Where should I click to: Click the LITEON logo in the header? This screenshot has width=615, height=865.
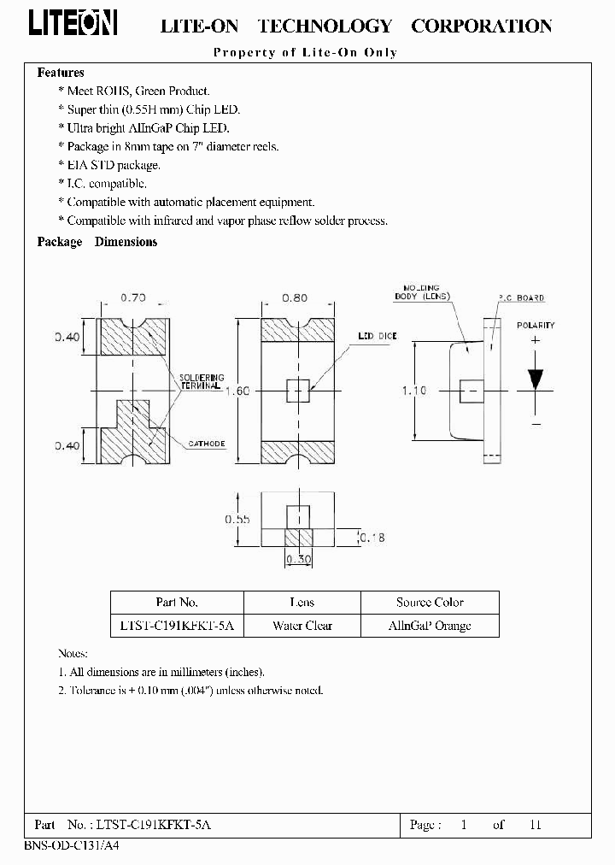click(73, 25)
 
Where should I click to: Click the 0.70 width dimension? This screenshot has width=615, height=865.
click(132, 298)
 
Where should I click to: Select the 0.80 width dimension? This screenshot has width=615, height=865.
click(296, 298)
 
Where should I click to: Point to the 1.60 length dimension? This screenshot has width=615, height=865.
click(237, 391)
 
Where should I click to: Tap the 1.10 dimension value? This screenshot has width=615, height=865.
click(414, 391)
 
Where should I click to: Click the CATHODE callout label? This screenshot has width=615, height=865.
click(206, 444)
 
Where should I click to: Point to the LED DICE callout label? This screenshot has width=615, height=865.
click(377, 337)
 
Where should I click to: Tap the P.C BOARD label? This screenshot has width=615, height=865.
click(521, 298)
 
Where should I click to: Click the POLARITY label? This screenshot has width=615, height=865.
click(536, 326)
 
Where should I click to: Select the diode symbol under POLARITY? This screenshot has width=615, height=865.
click(536, 379)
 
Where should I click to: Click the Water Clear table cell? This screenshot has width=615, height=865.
click(302, 626)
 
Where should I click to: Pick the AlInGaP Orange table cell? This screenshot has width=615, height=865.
click(430, 626)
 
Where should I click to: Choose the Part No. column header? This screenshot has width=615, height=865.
click(177, 602)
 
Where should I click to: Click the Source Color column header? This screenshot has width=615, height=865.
click(430, 602)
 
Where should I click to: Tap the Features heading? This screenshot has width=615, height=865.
click(61, 74)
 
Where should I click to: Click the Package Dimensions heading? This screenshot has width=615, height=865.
click(97, 242)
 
